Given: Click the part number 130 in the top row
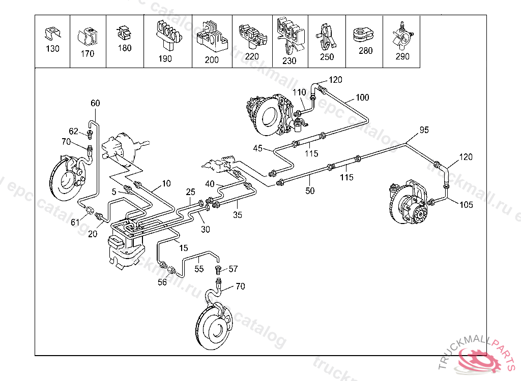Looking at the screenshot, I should [x=52, y=49].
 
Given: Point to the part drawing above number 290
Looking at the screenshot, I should [x=402, y=36].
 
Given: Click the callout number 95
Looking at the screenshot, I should [x=424, y=130].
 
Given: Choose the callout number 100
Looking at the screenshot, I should [x=362, y=98].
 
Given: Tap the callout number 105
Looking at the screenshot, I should [x=466, y=205].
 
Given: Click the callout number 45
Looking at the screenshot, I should [x=258, y=148].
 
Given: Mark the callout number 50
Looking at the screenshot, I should [x=310, y=191].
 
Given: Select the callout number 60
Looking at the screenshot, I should [x=96, y=103].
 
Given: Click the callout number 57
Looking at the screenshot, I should [x=233, y=269].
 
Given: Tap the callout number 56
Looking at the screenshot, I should [x=162, y=283].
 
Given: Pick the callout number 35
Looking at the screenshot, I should [x=238, y=215].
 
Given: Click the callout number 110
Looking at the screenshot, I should [x=299, y=92].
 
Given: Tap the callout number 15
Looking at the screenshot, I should [x=184, y=248].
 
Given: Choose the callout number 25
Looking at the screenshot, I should [x=191, y=192].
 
